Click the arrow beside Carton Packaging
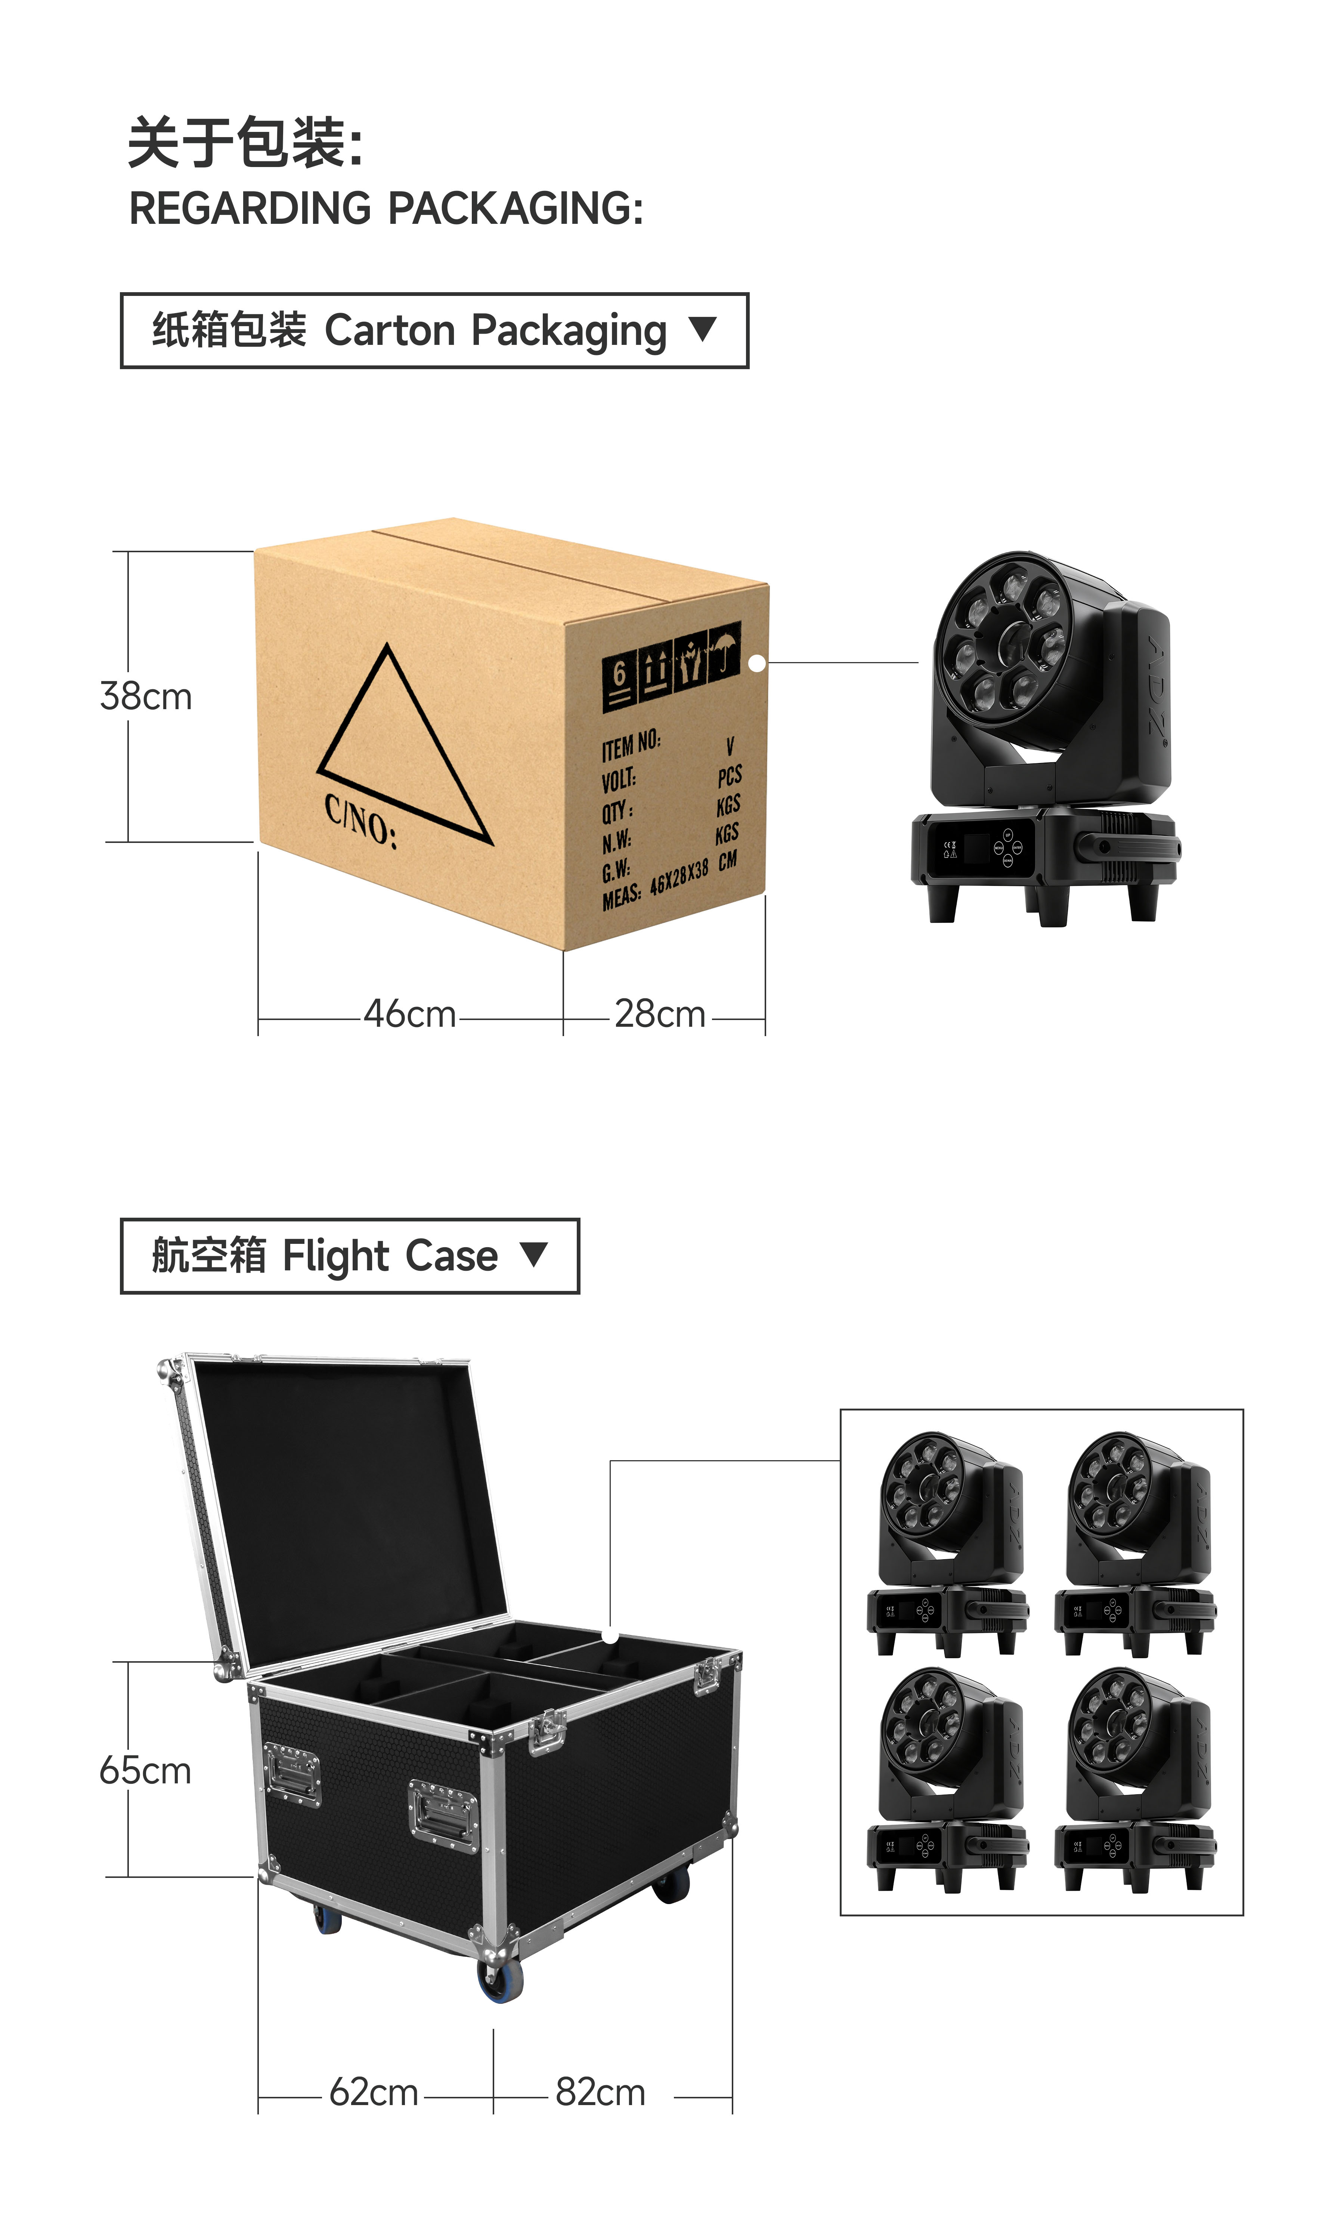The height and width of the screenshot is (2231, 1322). [703, 329]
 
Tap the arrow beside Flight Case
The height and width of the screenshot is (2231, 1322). [533, 1254]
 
